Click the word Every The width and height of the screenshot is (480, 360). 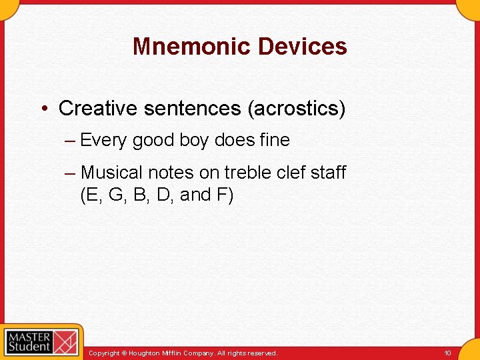(103, 141)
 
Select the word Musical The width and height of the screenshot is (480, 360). (111, 173)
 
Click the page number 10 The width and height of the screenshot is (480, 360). (447, 353)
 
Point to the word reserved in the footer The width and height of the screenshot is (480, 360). (262, 353)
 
